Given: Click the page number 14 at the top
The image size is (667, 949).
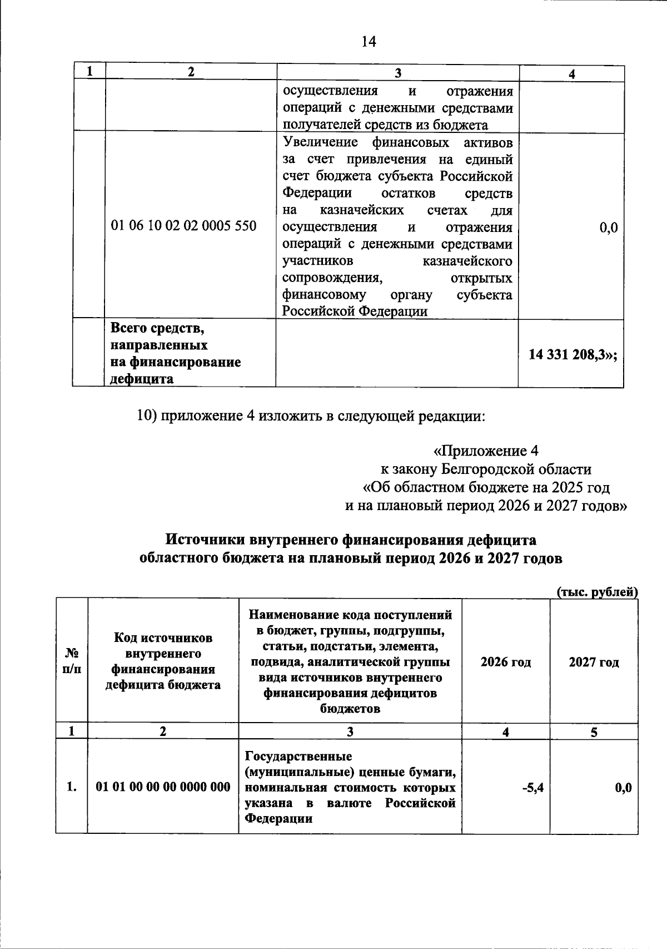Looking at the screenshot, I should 369,42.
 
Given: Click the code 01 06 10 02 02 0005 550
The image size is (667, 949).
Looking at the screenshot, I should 184,226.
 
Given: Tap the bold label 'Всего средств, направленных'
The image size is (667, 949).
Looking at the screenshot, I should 159,337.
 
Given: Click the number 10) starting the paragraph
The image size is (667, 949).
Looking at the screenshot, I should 148,416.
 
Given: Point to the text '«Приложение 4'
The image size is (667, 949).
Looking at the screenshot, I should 485,450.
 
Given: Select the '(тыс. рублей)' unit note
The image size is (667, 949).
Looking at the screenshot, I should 597,592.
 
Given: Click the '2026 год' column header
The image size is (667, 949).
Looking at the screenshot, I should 505,662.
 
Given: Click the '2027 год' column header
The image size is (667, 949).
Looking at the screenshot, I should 594,662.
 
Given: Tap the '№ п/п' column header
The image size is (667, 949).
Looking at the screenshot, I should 71,661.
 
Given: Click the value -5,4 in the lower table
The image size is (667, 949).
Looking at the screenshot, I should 532,787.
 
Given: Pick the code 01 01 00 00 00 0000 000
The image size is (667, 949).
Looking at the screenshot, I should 163,787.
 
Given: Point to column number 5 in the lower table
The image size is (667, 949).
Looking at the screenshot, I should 594,732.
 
